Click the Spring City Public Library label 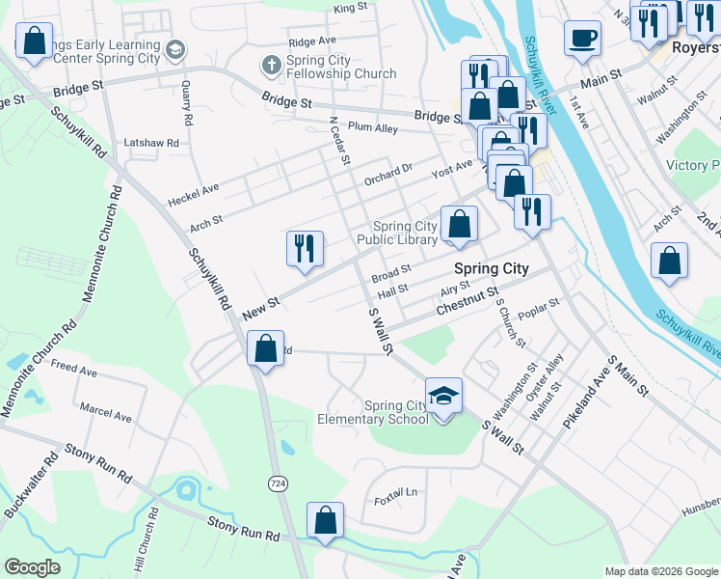[x=397, y=233]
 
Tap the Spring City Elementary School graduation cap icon [x=443, y=396]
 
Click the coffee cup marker [x=582, y=40]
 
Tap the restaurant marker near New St [x=304, y=248]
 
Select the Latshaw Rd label [x=151, y=143]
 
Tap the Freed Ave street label [x=74, y=370]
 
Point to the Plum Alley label [x=373, y=127]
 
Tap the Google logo [x=33, y=567]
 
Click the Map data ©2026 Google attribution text [x=661, y=571]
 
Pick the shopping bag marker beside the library [x=460, y=224]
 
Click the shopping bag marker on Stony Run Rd [x=325, y=520]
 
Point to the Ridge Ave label [x=311, y=41]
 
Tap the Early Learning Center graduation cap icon [x=174, y=49]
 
